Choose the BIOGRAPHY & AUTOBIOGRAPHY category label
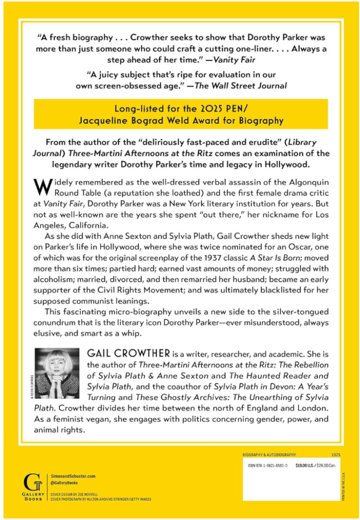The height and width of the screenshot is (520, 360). pos(269,455)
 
